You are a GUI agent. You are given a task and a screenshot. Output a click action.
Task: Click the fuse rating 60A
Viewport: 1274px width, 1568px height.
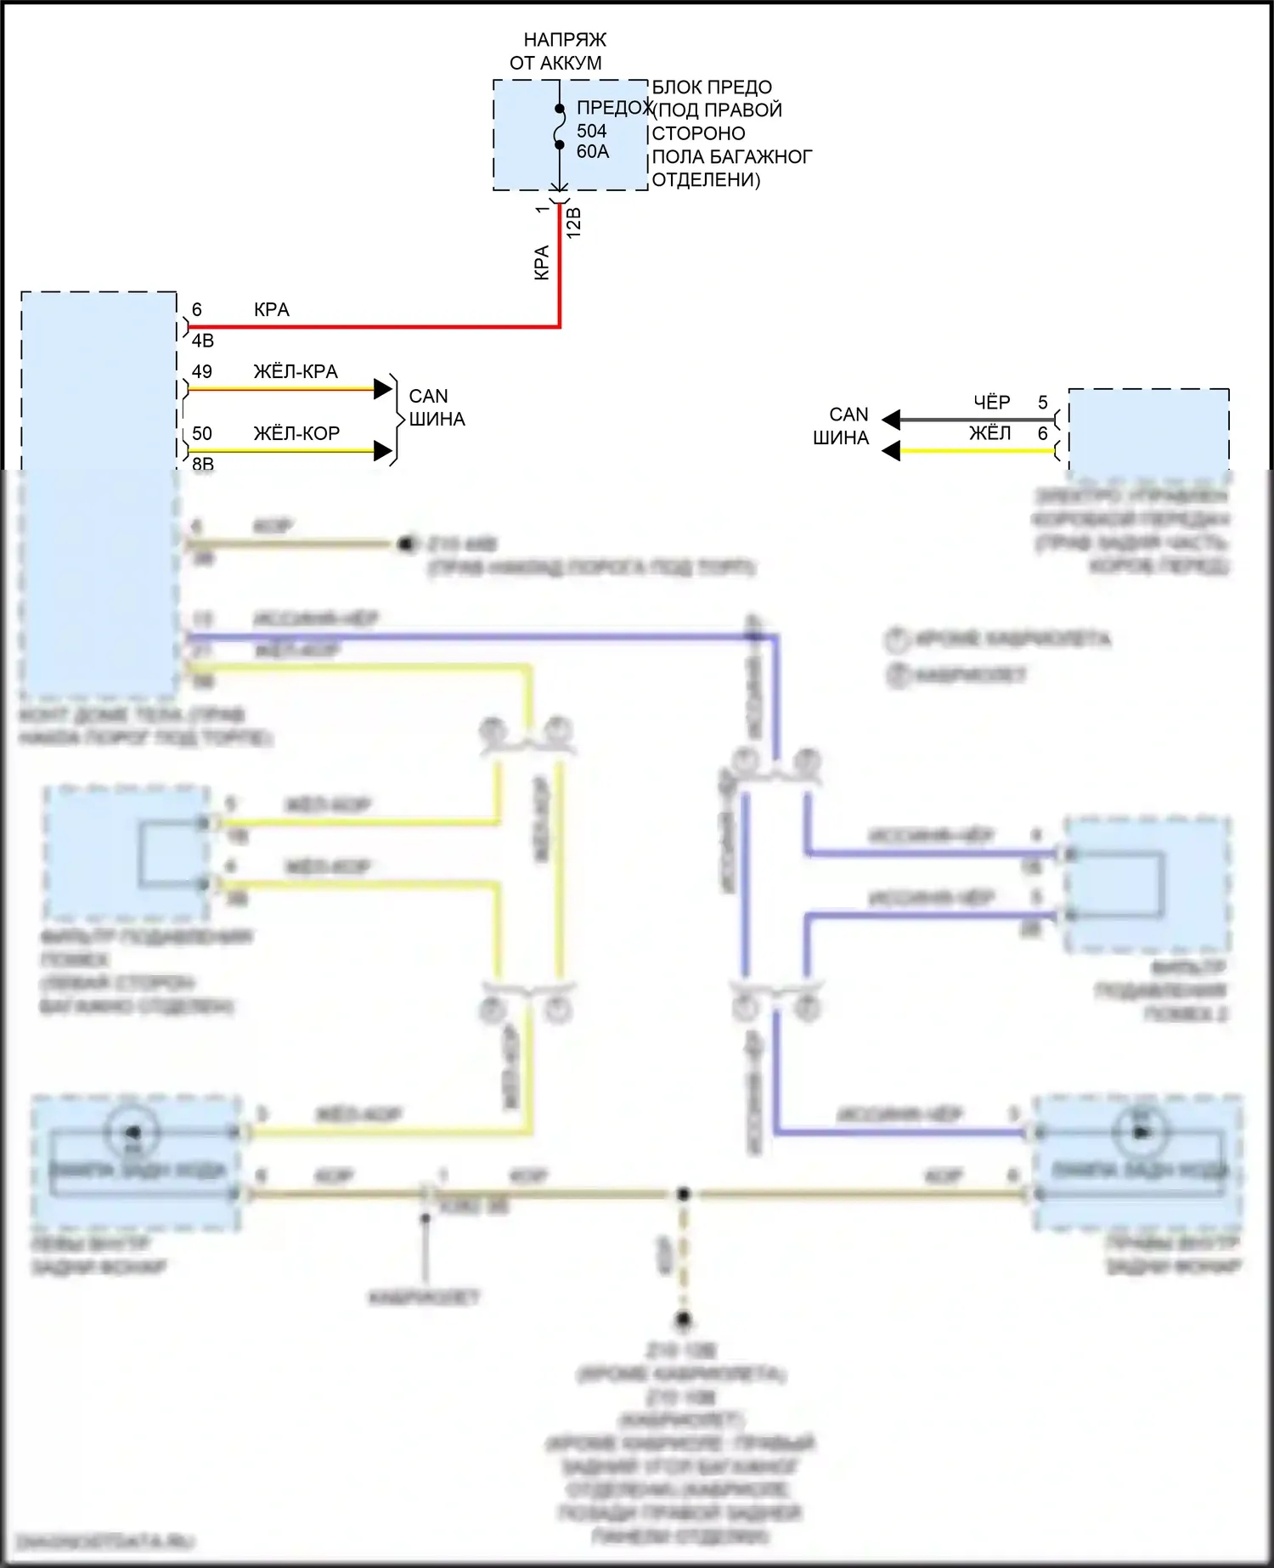click(592, 152)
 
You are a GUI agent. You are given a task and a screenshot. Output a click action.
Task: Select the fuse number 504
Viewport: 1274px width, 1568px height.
click(591, 131)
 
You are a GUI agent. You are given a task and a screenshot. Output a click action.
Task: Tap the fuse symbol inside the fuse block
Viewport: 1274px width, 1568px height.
click(560, 127)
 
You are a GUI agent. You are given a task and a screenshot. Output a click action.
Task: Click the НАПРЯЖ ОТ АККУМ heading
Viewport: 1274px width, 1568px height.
click(557, 51)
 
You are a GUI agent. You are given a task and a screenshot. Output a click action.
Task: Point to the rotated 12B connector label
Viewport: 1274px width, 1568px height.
click(574, 223)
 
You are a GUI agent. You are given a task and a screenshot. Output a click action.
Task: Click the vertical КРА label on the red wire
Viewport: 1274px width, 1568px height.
click(542, 263)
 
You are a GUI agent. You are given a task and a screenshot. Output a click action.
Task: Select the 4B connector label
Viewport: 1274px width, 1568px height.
click(202, 341)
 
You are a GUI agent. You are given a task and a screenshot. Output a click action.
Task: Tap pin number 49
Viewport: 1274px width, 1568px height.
click(201, 372)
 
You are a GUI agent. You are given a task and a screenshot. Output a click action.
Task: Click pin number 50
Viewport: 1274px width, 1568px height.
click(201, 434)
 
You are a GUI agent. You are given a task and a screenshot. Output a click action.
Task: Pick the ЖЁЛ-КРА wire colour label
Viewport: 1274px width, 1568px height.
click(295, 372)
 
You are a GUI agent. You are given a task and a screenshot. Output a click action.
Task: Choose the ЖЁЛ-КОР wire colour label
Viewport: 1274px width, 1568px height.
click(296, 434)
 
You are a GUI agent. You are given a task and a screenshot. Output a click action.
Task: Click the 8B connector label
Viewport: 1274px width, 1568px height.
click(202, 463)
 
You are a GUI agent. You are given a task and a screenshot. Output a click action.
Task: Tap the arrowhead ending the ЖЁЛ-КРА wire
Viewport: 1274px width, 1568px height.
click(383, 389)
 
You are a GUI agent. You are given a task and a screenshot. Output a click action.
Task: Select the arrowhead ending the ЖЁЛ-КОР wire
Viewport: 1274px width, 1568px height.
click(383, 451)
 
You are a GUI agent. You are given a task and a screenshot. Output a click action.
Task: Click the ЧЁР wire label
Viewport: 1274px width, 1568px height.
click(991, 403)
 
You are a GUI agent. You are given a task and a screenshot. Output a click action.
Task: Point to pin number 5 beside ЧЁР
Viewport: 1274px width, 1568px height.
click(1042, 403)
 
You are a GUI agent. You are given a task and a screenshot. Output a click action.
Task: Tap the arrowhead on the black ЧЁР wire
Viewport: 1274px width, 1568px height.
click(891, 420)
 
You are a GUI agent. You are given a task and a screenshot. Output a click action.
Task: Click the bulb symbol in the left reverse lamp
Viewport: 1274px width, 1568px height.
click(132, 1132)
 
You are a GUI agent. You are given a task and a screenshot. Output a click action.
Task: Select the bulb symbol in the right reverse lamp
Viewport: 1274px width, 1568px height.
click(1141, 1132)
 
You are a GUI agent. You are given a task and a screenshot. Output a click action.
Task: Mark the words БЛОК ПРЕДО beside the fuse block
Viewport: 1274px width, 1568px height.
click(712, 87)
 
